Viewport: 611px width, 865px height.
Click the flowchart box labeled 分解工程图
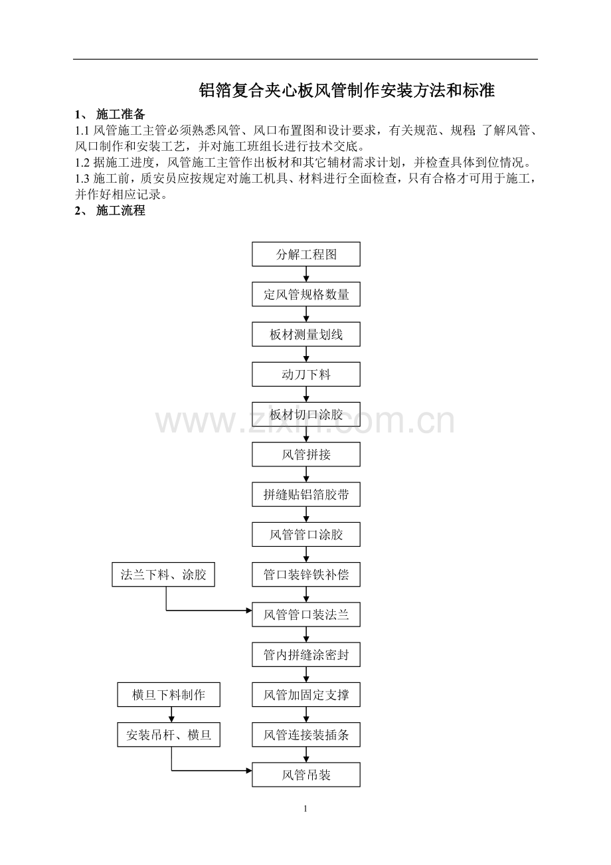click(306, 254)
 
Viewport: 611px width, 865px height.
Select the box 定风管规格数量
click(306, 294)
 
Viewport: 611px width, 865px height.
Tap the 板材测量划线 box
click(306, 334)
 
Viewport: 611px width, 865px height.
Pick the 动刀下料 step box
click(306, 374)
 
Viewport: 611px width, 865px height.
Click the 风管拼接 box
click(306, 454)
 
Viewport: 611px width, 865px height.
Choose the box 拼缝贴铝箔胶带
click(306, 494)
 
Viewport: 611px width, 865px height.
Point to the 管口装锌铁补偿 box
click(306, 574)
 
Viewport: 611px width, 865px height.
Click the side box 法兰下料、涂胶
click(163, 574)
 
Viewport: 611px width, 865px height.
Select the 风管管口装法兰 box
click(306, 615)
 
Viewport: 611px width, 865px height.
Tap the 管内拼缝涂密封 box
click(306, 654)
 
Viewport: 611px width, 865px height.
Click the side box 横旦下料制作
click(169, 695)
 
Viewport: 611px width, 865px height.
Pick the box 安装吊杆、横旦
click(169, 735)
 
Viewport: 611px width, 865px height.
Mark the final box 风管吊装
click(306, 775)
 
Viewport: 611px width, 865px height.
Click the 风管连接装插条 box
click(306, 735)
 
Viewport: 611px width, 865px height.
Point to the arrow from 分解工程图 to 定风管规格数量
click(306, 274)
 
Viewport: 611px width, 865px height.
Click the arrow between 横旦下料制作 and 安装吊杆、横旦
click(171, 715)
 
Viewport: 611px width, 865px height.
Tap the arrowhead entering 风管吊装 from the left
click(249, 771)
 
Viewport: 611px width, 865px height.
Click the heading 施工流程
click(120, 211)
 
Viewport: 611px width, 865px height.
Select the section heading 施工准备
click(120, 114)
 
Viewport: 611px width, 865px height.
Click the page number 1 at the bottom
click(305, 809)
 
